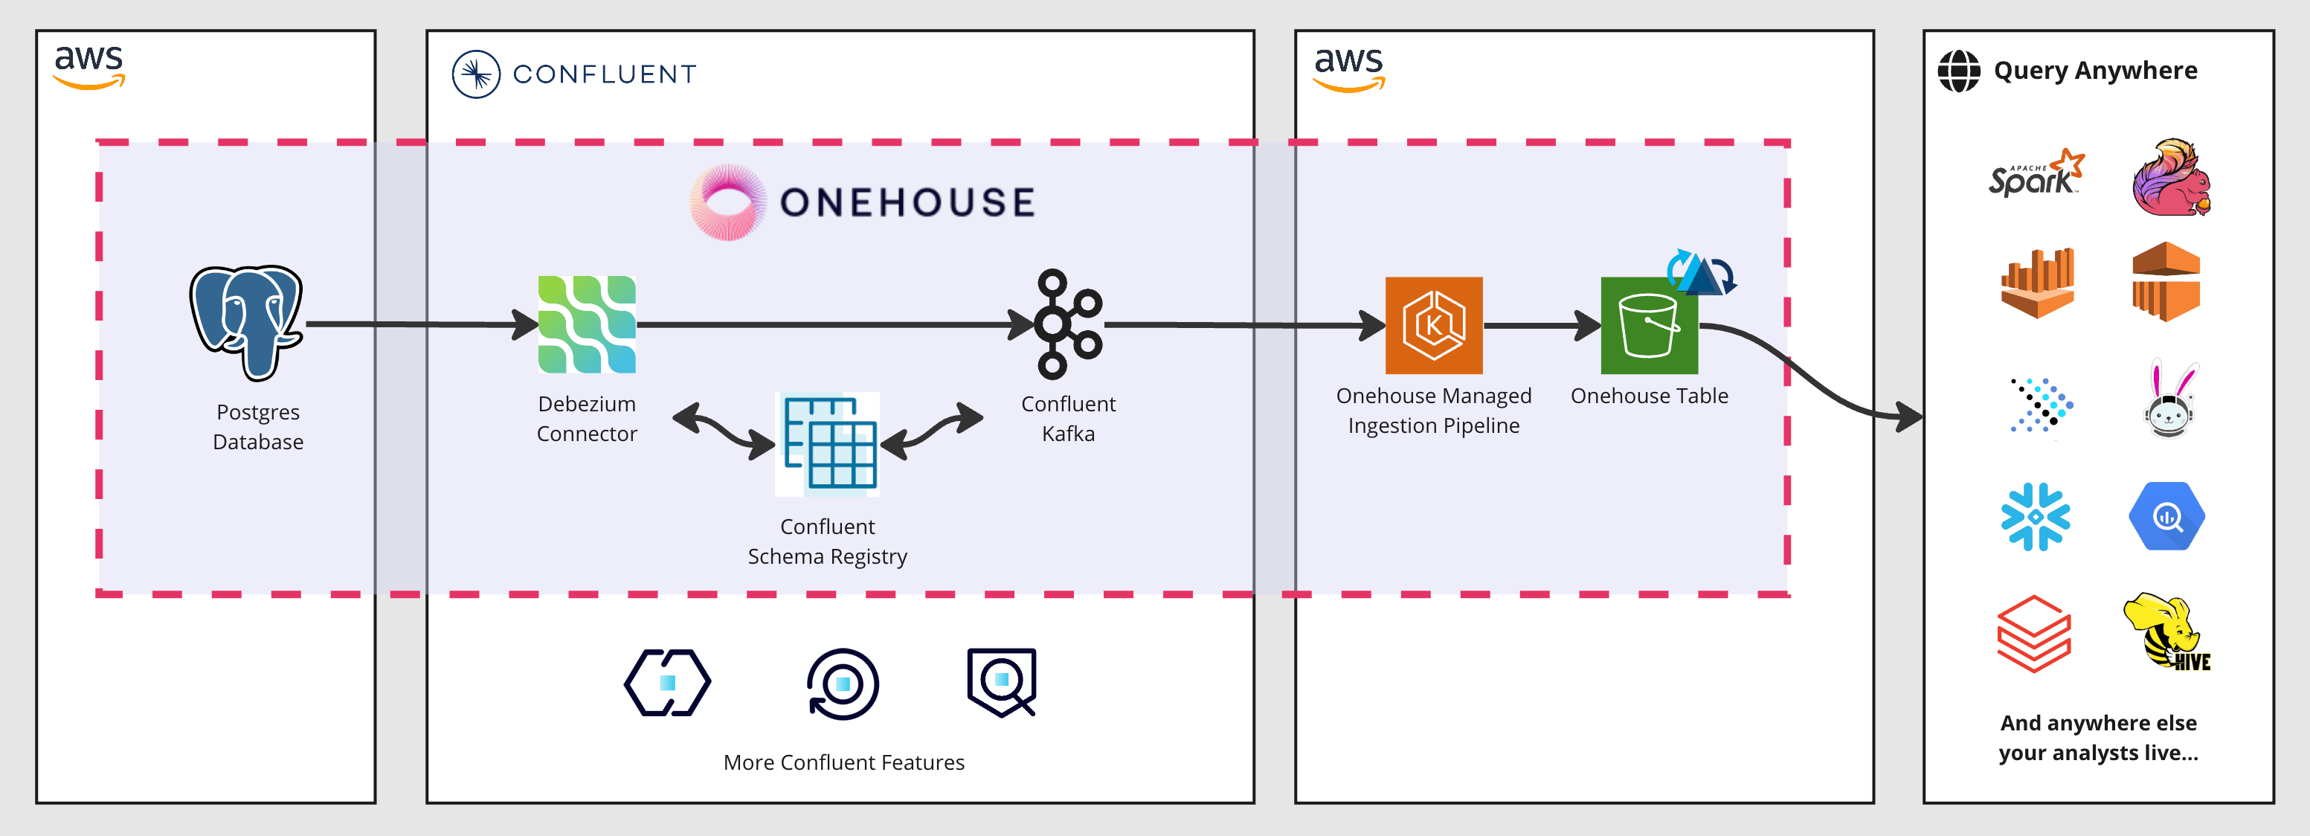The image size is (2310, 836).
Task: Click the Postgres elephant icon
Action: pos(247,321)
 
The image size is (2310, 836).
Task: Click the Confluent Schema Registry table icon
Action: pos(828,444)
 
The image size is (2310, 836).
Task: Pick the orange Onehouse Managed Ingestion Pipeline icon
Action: pos(1433,325)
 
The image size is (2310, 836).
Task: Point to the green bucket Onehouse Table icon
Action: pos(1648,326)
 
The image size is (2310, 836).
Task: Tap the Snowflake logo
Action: pos(2035,517)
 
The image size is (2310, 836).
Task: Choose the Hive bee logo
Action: pos(2166,631)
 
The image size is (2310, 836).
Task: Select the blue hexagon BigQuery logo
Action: pos(2166,517)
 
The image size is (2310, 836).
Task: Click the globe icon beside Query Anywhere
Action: pos(1958,71)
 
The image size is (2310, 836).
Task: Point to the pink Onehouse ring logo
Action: pos(727,202)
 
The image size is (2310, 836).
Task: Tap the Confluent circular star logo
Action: pos(475,74)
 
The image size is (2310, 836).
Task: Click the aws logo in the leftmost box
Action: pos(89,66)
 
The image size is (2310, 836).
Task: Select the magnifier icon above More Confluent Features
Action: pos(1002,682)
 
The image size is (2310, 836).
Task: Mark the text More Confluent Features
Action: pos(843,762)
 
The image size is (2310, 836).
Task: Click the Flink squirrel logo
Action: pos(2170,178)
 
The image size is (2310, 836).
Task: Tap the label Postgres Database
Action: pos(258,427)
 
